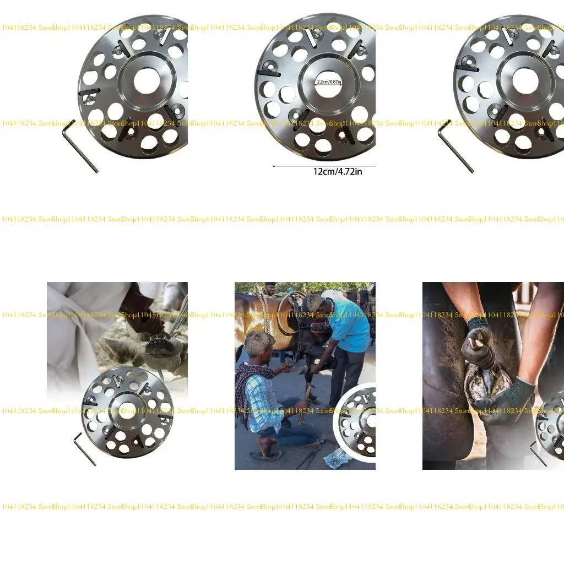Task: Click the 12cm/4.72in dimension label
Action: [338, 171]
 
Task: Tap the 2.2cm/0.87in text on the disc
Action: [329, 82]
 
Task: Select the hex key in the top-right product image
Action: [456, 146]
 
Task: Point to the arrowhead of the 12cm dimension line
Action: [274, 165]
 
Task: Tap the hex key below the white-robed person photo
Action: [85, 448]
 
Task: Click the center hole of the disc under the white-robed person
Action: [127, 410]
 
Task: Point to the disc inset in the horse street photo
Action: [357, 421]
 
